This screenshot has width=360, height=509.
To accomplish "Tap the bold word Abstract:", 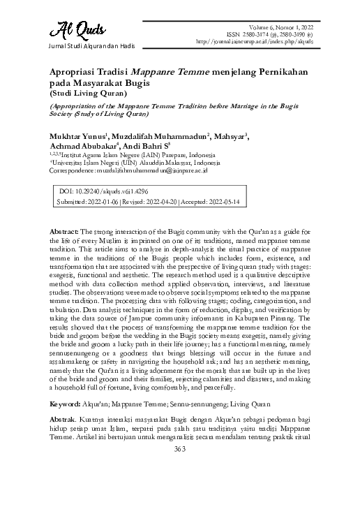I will coord(65,231).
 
